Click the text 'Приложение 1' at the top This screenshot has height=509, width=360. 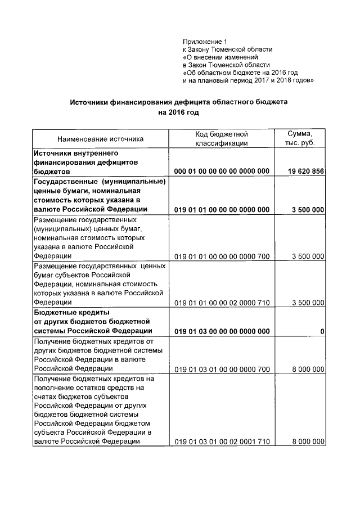click(205, 41)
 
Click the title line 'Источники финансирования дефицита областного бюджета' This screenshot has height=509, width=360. click(178, 102)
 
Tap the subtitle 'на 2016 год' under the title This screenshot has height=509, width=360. click(178, 112)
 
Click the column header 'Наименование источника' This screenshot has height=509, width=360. click(100, 138)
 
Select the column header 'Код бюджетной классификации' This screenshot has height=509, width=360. click(222, 139)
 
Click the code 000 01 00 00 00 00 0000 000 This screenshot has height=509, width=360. click(222, 171)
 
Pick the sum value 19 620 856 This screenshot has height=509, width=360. click(305, 171)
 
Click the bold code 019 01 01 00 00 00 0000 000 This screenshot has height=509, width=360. click(222, 210)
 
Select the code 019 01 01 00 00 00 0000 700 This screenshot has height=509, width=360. click(222, 256)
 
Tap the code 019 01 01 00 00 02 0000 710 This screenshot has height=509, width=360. click(222, 303)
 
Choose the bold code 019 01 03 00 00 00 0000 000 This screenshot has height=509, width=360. click(222, 331)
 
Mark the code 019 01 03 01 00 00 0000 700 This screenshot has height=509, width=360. click(222, 369)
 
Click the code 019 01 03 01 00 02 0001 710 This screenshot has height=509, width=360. click(222, 442)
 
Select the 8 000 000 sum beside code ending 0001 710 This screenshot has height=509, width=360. click(308, 442)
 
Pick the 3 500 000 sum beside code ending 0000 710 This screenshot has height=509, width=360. click(308, 303)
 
